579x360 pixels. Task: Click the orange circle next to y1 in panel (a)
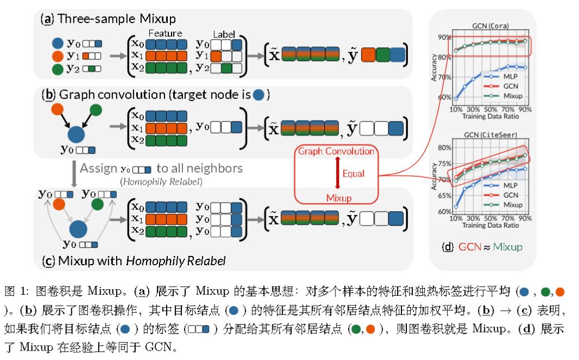point(57,56)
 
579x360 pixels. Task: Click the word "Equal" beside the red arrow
point(354,174)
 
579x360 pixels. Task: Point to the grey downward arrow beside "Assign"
point(72,173)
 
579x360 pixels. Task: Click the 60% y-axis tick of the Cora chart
point(444,98)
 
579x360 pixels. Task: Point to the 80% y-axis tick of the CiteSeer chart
point(444,148)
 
